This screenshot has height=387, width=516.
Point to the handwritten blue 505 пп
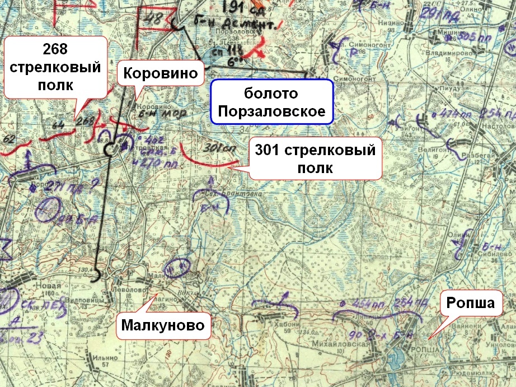[x=471, y=37]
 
